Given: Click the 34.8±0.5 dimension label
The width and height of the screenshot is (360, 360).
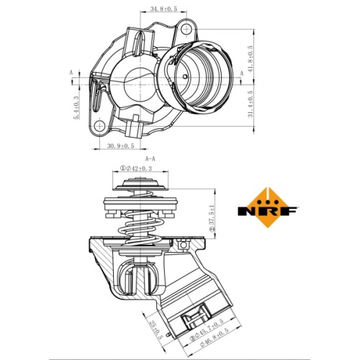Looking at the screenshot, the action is [x=163, y=9].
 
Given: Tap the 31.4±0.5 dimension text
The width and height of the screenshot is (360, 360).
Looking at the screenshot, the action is [x=251, y=104].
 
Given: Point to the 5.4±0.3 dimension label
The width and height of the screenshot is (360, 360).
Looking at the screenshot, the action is [x=76, y=107].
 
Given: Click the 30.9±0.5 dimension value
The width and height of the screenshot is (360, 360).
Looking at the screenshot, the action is [x=120, y=145].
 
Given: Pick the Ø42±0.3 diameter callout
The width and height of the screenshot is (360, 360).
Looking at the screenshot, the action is [x=136, y=168].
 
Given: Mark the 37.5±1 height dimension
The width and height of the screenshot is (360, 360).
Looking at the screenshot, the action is [x=212, y=218].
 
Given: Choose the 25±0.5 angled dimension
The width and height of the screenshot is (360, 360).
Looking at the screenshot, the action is [x=156, y=330].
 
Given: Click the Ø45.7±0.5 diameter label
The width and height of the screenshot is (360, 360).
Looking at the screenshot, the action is [x=207, y=330].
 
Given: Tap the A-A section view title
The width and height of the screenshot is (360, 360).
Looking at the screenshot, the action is [x=150, y=158].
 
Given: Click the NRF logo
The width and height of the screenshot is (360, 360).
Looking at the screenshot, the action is [x=268, y=207].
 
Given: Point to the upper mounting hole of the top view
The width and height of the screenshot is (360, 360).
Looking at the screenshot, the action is [x=186, y=30].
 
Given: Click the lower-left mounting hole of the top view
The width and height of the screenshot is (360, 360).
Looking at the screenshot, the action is [x=99, y=126].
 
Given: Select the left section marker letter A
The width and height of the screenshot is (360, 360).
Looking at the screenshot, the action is [x=71, y=73].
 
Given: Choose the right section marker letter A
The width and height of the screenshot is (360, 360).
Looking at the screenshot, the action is [x=242, y=73].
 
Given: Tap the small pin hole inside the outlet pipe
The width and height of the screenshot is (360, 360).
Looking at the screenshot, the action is [x=185, y=77].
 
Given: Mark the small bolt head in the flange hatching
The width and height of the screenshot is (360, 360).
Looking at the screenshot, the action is [x=184, y=244].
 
